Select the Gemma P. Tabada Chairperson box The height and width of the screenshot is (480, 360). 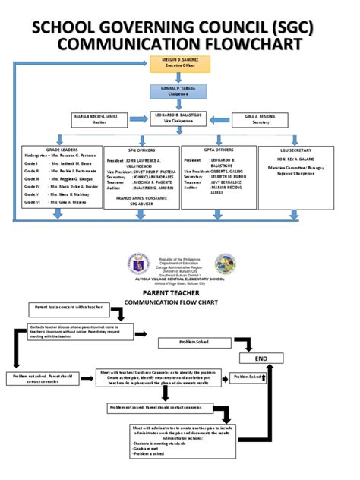point(179,91)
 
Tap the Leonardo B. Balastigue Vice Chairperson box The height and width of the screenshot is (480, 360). point(179,118)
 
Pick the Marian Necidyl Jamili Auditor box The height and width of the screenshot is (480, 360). point(99,118)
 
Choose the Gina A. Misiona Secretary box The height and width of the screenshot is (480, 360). point(261,118)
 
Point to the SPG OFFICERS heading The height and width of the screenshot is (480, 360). point(140,150)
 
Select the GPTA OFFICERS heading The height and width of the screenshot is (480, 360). point(218,150)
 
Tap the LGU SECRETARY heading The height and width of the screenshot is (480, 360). point(295,150)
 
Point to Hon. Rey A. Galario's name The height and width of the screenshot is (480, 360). point(295,160)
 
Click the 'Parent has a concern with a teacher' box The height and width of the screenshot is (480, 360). point(67,308)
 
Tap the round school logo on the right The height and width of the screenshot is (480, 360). point(225,264)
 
